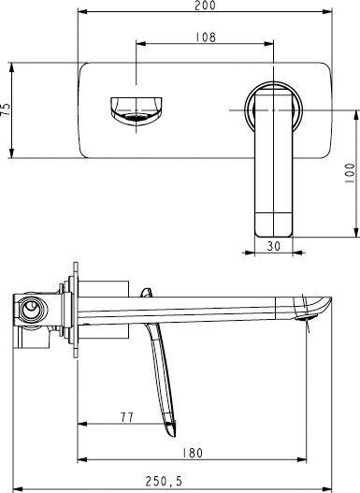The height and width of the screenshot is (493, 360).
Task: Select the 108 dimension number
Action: [207, 37]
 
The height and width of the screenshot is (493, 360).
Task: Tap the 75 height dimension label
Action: [7, 109]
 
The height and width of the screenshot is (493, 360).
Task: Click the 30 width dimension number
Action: [274, 246]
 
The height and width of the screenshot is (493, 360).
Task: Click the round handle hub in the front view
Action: [273, 109]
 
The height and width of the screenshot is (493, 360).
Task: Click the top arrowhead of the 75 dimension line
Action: [12, 65]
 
